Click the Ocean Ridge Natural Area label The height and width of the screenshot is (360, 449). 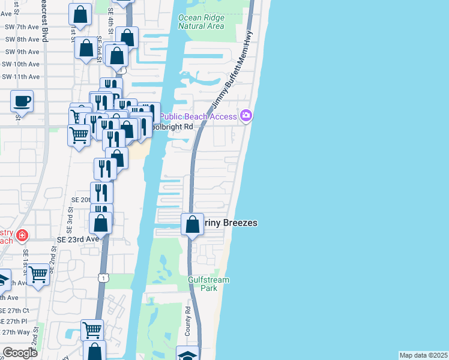point(201,22)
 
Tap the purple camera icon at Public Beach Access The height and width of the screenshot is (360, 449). point(246,116)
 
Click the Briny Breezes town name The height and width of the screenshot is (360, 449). point(231,223)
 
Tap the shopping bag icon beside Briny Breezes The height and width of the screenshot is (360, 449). point(192,225)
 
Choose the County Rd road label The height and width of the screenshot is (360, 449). point(188,321)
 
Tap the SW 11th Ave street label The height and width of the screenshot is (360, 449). point(20,76)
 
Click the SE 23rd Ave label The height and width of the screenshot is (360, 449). point(77,238)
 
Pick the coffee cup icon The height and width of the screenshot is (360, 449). point(22,101)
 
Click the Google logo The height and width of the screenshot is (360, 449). point(20,353)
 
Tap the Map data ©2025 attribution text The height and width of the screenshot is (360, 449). point(423,355)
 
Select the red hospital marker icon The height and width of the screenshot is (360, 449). point(22,235)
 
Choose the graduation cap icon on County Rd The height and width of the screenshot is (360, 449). point(187,354)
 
